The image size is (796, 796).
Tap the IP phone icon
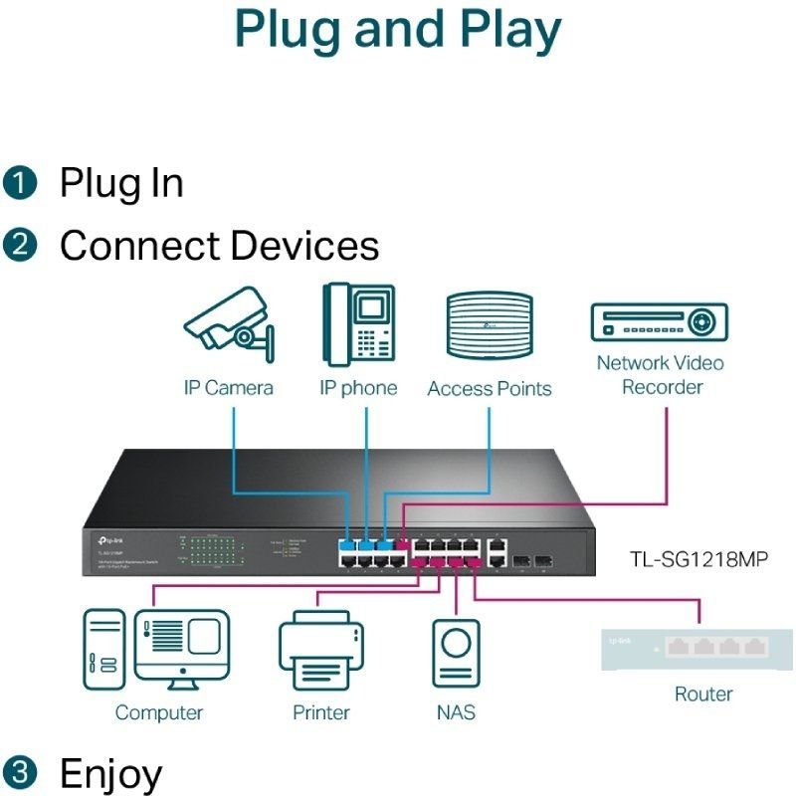click(357, 324)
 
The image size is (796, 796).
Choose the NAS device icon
click(456, 653)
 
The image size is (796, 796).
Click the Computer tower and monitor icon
click(156, 650)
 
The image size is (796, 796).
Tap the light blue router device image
click(697, 648)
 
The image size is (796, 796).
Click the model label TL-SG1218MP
click(698, 557)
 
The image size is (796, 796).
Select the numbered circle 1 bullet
click(19, 183)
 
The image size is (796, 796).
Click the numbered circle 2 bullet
click(19, 246)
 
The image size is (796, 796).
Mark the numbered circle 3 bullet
click(19, 772)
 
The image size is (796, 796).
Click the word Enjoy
click(110, 773)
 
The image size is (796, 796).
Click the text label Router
click(702, 694)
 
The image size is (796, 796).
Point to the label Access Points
click(489, 389)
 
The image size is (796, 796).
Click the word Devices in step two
click(304, 246)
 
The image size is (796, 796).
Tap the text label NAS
click(456, 712)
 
